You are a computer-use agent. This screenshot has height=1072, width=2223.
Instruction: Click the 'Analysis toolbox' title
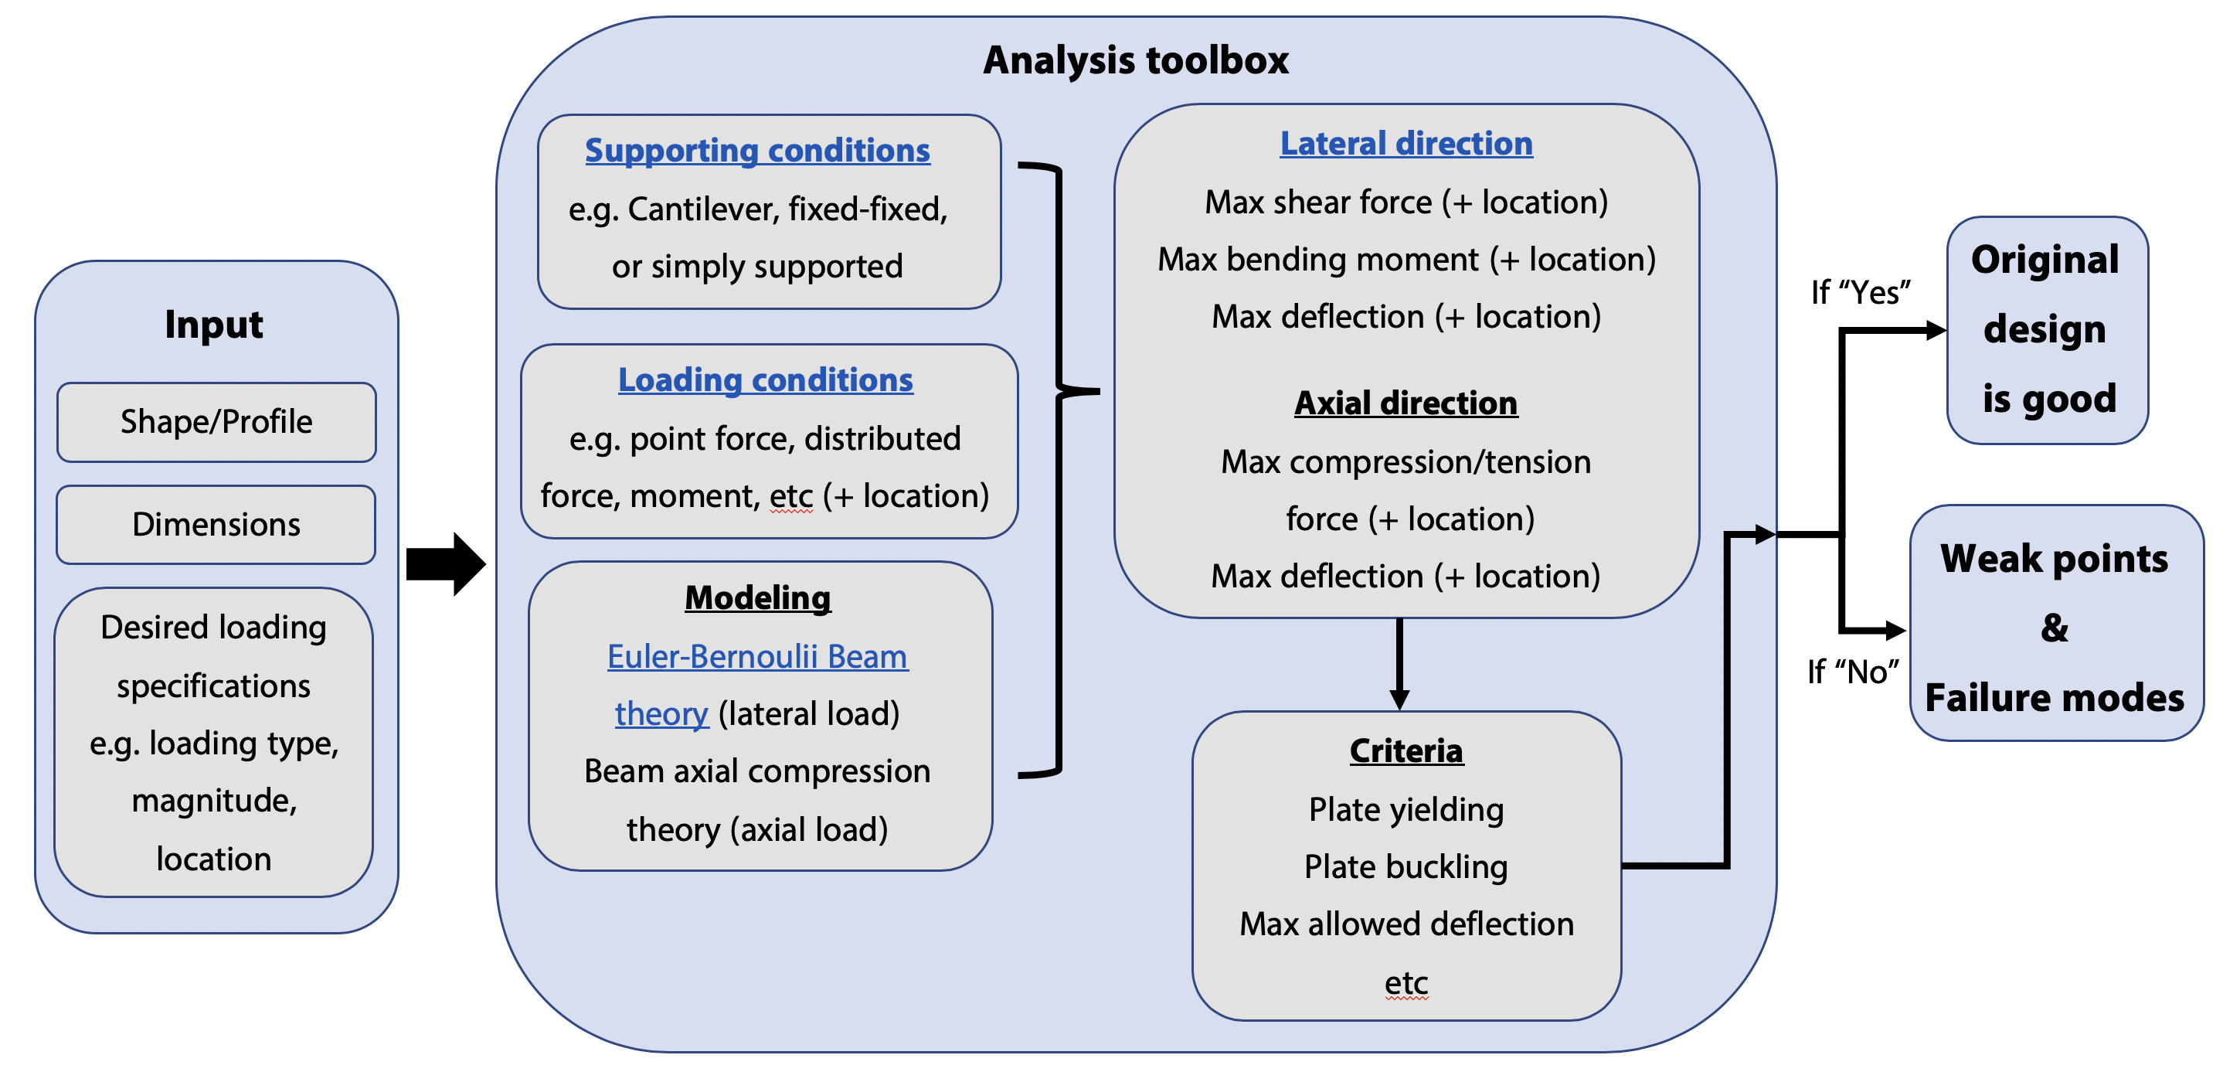coord(1136,60)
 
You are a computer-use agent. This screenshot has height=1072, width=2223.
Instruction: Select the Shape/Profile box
coord(216,422)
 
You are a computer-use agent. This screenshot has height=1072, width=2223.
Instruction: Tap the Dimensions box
coord(216,525)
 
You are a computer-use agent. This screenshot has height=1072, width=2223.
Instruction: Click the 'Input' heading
coord(214,325)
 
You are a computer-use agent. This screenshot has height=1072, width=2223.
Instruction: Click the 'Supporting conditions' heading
coord(756,150)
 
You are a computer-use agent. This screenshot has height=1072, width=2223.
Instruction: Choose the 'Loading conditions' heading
coord(766,379)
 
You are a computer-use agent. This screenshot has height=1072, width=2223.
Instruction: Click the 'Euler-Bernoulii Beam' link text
coord(756,657)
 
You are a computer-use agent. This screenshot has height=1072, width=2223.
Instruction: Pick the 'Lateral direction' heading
coord(1406,143)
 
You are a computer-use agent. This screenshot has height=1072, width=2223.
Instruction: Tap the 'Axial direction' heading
coord(1406,403)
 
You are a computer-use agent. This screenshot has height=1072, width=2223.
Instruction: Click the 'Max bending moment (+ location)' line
coord(1406,259)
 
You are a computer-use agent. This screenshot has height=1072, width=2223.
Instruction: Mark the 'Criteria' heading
coord(1406,751)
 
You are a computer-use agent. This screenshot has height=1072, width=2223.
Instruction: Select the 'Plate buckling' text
coord(1406,866)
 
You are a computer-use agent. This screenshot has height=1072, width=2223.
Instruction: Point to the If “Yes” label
coord(1860,293)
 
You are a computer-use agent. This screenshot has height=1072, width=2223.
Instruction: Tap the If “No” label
coord(1853,672)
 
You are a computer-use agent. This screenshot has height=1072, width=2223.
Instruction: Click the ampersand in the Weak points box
coord(2054,628)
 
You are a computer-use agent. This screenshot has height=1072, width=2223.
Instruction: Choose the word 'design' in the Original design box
coord(2045,330)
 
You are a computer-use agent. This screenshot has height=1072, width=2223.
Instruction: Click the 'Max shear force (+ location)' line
coord(1406,202)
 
